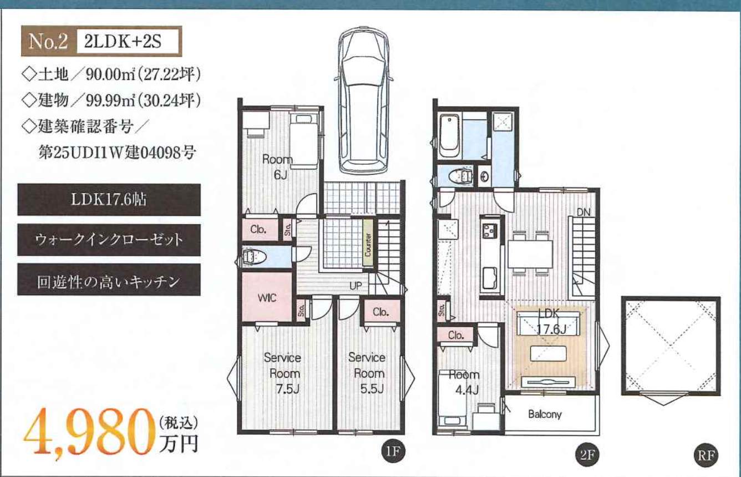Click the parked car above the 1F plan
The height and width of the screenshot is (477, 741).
coord(363,100)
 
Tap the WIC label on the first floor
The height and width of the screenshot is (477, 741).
coord(267,298)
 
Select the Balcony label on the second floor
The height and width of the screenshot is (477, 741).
coord(545,414)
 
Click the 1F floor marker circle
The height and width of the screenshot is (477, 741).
coord(393,451)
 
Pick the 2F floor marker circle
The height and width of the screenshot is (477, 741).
coord(587,455)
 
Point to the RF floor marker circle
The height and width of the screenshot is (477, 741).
coord(706,456)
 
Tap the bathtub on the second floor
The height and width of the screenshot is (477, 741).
coord(449,136)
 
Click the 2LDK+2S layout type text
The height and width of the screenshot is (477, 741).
coord(123,42)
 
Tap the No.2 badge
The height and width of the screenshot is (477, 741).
coord(48,42)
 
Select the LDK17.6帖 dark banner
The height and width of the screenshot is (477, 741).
coord(109,200)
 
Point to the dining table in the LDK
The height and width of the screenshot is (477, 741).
coord(530,254)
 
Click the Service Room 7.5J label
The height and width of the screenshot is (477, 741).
coord(283,373)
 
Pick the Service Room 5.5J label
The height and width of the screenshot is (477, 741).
coord(368,373)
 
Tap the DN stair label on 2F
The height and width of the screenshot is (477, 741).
coord(583,212)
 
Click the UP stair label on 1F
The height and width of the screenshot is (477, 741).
coord(356,286)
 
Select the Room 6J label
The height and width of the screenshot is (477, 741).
coord(278,167)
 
